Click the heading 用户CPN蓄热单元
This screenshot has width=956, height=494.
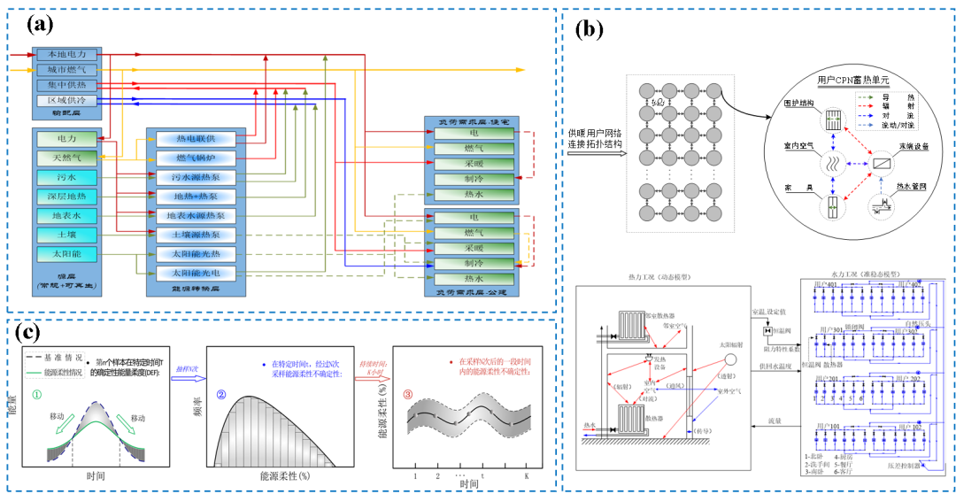pos(849,79)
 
